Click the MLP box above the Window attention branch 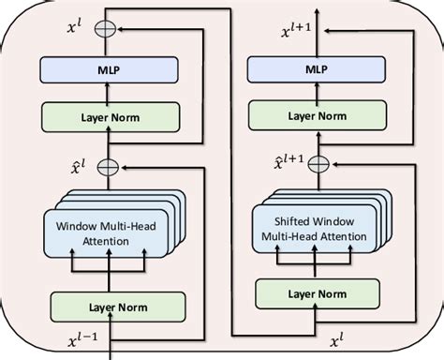click(110, 69)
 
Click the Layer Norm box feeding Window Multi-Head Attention click(110, 307)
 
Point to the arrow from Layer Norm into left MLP click(110, 91)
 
